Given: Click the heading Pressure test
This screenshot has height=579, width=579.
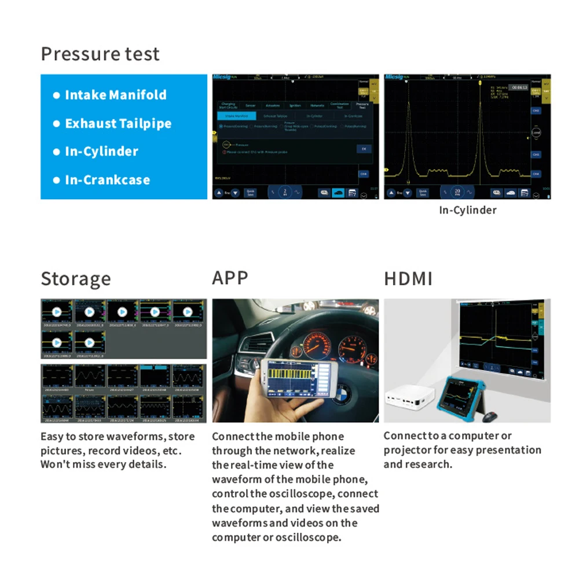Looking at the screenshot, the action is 100,54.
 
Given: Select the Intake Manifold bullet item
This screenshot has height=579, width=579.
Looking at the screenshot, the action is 115,95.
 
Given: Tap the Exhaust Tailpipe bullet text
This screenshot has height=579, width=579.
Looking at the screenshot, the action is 118,123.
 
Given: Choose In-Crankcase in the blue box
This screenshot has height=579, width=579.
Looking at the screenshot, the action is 107,179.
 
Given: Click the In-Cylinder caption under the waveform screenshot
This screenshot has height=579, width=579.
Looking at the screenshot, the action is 467,210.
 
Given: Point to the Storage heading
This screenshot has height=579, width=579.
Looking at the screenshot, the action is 75,278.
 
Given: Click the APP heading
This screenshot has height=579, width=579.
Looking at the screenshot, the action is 230,278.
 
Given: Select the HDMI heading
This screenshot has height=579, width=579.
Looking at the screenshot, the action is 408,278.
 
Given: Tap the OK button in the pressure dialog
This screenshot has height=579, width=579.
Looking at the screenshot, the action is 364,148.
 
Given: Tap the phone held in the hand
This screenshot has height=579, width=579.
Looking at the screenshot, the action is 289,379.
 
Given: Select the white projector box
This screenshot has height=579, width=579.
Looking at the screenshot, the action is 408,400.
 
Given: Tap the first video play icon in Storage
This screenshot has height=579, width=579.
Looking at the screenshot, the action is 57,312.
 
